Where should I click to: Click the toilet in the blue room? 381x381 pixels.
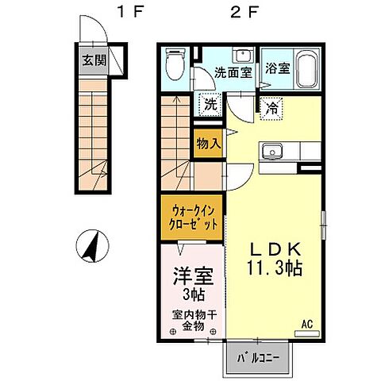(x=176, y=63)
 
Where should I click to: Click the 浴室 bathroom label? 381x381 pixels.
(x=277, y=67)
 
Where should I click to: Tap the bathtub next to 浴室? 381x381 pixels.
(x=306, y=65)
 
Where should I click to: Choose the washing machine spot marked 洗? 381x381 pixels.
(x=209, y=103)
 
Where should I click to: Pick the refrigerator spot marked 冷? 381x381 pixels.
(x=271, y=105)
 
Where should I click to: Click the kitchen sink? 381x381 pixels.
(x=274, y=148)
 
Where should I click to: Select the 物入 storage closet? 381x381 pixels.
(x=208, y=144)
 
